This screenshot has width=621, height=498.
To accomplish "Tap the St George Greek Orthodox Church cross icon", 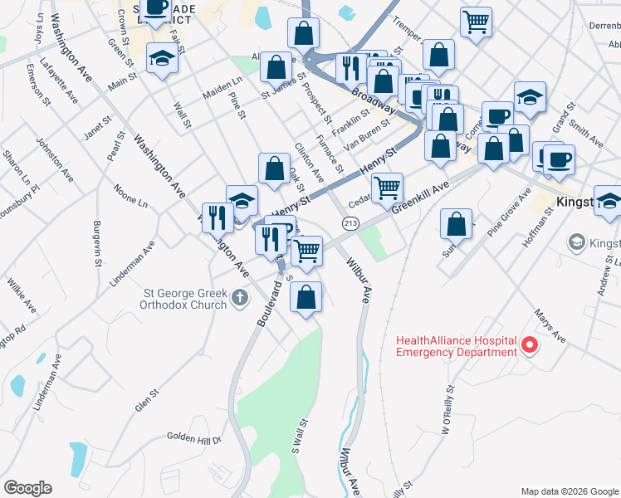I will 239,297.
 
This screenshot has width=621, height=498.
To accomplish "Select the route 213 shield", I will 350,223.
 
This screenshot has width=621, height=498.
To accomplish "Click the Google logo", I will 27,488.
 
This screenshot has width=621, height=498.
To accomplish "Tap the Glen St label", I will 146,402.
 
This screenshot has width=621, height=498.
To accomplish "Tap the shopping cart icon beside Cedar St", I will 387,188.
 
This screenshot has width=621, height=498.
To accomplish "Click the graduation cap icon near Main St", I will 162,57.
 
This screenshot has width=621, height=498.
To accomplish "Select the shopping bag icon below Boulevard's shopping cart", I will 306,295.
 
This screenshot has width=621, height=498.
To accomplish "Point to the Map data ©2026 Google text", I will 569,491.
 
